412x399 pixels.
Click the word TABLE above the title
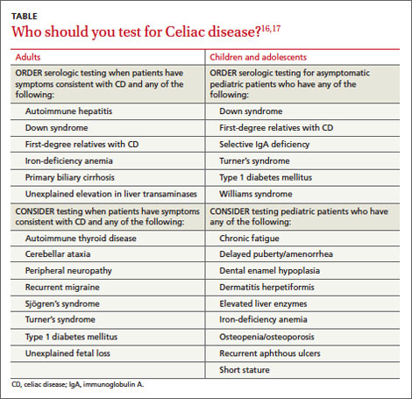[25, 17]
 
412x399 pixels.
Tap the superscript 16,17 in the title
[271, 29]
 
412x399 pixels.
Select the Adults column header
[28, 57]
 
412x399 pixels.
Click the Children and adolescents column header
[258, 57]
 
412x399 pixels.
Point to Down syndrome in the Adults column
[56, 128]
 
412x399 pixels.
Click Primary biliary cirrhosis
[70, 177]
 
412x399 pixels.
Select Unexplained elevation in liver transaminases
[111, 194]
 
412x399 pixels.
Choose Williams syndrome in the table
[256, 194]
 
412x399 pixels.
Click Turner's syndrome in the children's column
[254, 161]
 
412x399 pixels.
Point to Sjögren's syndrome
[62, 303]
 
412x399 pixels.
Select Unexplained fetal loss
[67, 353]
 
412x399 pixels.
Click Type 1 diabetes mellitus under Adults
[71, 337]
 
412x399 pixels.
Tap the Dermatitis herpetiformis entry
[266, 288]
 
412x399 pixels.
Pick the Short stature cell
[245, 370]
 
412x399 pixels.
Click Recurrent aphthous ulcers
[270, 353]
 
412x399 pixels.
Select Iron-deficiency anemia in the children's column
[263, 319]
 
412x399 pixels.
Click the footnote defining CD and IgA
[78, 384]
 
